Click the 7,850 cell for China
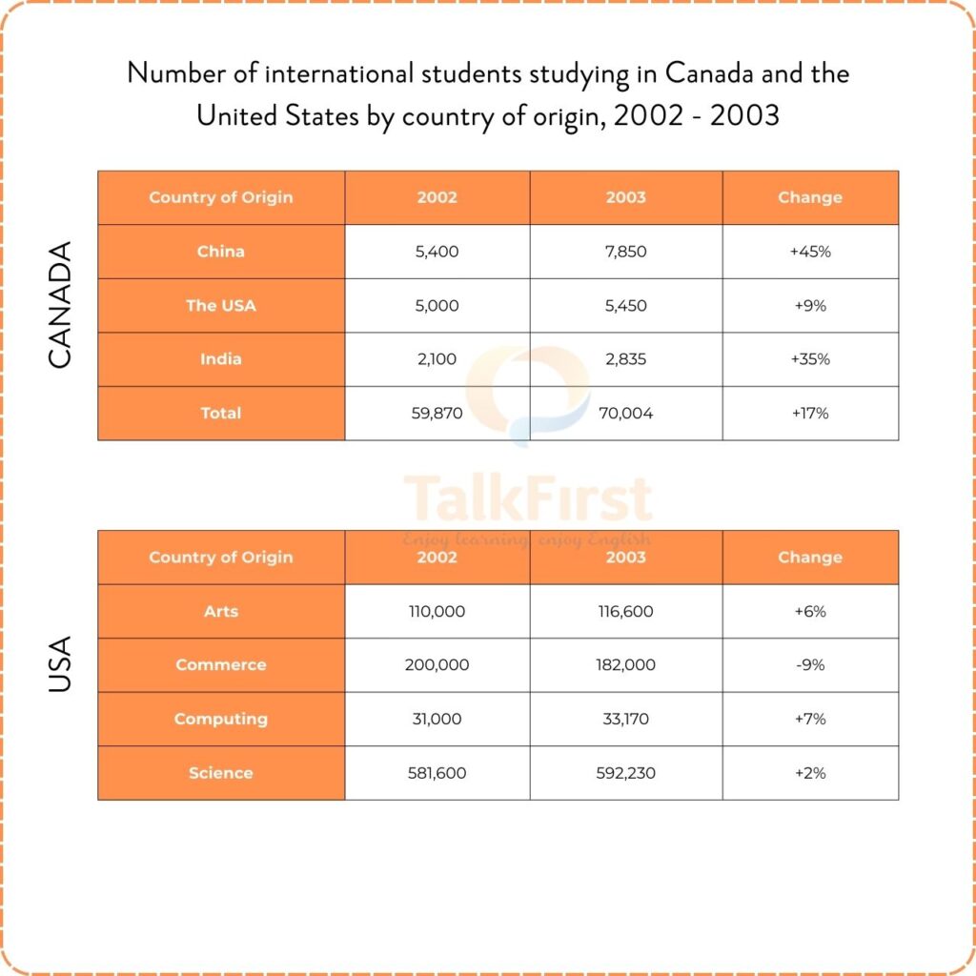[x=625, y=252]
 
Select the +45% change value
[x=810, y=252]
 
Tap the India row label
[x=221, y=359]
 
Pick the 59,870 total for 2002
[x=437, y=414]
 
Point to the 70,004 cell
[x=625, y=414]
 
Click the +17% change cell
[x=810, y=414]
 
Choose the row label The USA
[x=221, y=306]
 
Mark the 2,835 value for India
[x=625, y=359]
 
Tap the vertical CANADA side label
[x=59, y=305]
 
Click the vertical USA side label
[x=59, y=665]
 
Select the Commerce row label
[x=221, y=665]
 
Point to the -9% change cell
[x=810, y=665]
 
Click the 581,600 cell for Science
[x=437, y=773]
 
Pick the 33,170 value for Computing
[x=625, y=719]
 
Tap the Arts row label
[x=221, y=612]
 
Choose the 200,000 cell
[x=437, y=665]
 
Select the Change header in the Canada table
[x=810, y=198]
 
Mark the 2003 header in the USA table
[x=625, y=558]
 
